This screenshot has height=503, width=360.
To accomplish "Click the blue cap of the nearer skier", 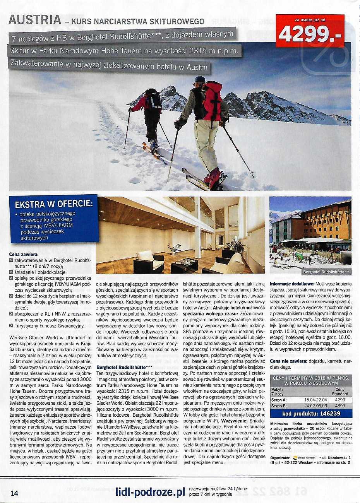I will coord(200,80).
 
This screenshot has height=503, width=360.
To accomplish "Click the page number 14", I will coord(14,493).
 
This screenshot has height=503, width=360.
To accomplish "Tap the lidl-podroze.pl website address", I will coord(150,492).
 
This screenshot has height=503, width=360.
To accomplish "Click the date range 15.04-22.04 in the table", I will coord(315,400).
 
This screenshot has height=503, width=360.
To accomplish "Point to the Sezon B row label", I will coord(279,406).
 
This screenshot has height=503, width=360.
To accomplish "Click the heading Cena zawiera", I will coord(24,255).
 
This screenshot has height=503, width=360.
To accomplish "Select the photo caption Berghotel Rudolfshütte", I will coord(327,272).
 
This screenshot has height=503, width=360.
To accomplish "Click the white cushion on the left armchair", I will coord(146,255).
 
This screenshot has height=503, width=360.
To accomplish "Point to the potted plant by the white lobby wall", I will coord(175,248).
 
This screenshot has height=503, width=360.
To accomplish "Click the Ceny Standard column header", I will coord(339,391).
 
